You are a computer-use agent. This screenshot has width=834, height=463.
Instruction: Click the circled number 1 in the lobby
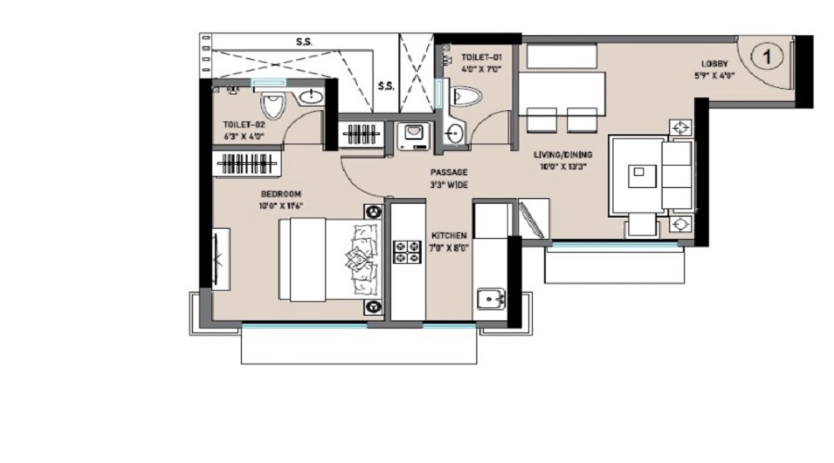coord(767,56)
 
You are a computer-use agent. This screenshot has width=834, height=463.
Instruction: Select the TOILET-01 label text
coord(482,57)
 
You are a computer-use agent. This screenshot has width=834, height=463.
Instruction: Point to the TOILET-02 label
coord(243,124)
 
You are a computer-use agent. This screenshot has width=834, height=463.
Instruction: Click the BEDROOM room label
coord(281,194)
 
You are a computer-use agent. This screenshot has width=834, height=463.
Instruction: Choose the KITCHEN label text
coord(449,236)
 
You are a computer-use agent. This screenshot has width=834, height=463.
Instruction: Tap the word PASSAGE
coord(449,172)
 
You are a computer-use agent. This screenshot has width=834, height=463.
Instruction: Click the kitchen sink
coord(488,300)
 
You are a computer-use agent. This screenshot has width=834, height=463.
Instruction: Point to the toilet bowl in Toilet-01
coord(467,95)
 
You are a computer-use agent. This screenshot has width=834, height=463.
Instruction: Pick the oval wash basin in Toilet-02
coord(311,97)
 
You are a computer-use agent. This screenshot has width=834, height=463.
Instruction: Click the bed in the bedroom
coord(330,259)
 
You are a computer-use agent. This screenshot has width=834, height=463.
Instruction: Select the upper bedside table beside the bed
coord(373,212)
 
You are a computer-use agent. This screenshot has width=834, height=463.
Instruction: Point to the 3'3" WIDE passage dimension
coord(449,185)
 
